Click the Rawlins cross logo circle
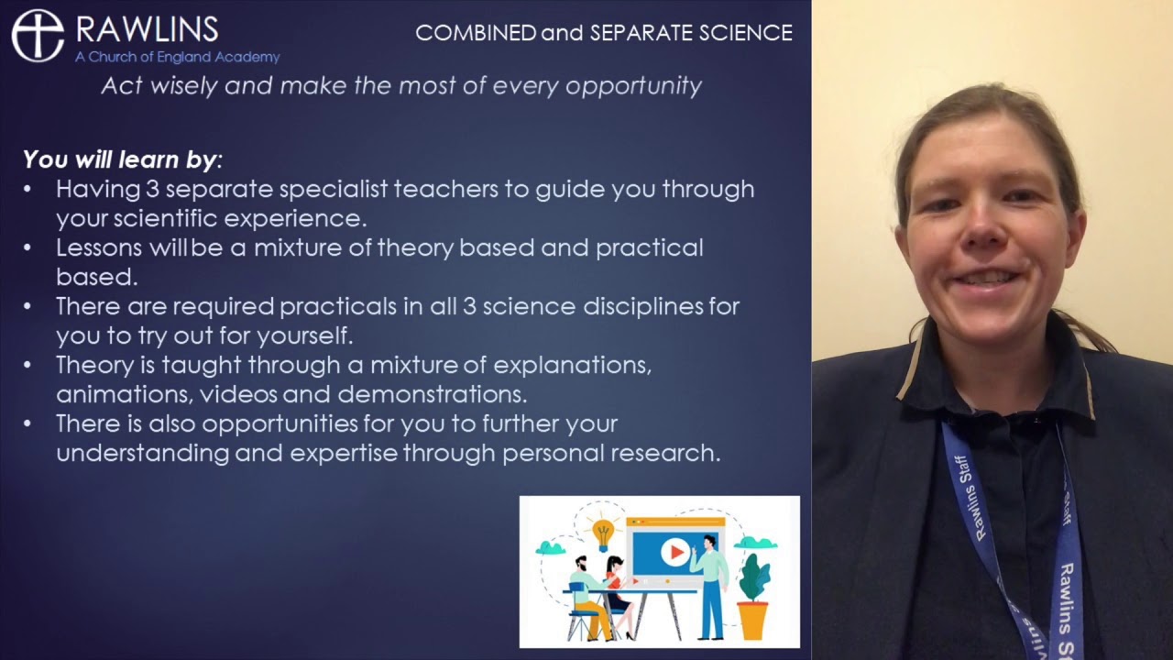[x=38, y=36]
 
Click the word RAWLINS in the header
[x=147, y=29]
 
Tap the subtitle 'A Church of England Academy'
[x=177, y=57]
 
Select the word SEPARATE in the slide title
[x=641, y=33]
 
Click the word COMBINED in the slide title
[x=476, y=33]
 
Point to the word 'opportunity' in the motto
[x=633, y=86]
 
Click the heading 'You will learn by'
[x=121, y=159]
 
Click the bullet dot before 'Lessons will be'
[x=27, y=248]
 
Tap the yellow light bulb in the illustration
[x=603, y=532]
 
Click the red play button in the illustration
[x=675, y=552]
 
